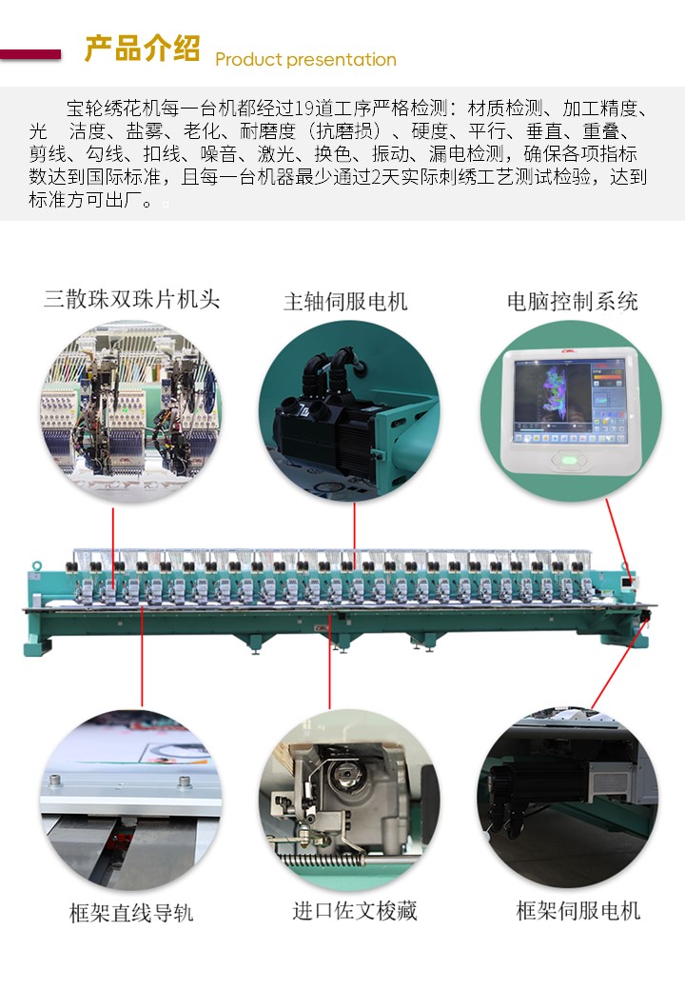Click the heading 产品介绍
(x=142, y=49)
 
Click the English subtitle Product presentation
(x=306, y=59)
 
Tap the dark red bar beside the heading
(x=30, y=55)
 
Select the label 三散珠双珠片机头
(x=132, y=299)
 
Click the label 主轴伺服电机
(x=345, y=302)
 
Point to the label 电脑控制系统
(x=573, y=302)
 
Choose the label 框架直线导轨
(x=131, y=913)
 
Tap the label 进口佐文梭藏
(x=355, y=910)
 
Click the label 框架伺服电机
(x=578, y=910)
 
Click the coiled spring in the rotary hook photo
(x=324, y=861)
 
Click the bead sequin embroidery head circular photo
(x=131, y=411)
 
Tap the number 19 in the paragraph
(x=304, y=109)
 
